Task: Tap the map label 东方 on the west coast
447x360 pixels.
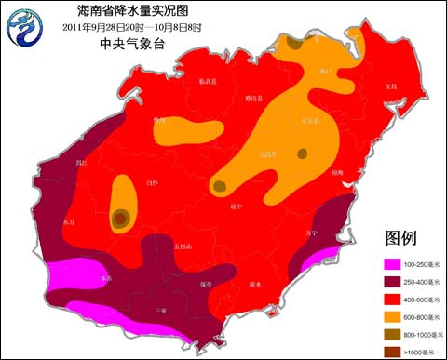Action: pyautogui.click(x=70, y=223)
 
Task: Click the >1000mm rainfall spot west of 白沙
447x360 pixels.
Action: pyautogui.click(x=121, y=219)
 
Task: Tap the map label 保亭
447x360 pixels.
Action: pyautogui.click(x=208, y=284)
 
